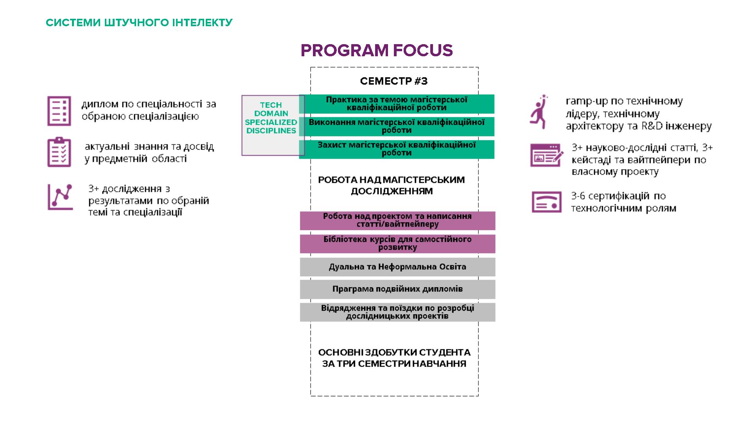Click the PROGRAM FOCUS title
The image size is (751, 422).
pos(376,50)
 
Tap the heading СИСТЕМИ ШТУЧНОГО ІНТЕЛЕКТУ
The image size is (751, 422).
pos(139,23)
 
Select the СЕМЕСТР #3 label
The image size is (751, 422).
pos(393,81)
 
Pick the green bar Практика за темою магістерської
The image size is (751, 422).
pos(397,104)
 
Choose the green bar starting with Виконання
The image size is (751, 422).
pos(397,126)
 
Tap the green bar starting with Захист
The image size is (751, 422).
pos(397,149)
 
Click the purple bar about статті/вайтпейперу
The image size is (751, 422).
pos(397,220)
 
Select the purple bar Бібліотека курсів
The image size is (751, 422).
pos(397,243)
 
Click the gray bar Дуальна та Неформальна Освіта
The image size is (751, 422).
pos(397,267)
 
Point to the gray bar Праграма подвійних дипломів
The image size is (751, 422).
pos(397,289)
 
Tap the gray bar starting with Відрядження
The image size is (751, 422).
pos(397,312)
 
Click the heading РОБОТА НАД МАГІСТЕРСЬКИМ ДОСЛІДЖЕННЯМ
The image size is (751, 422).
pos(392,186)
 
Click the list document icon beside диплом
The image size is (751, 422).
pos(59,111)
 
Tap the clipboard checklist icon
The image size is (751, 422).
pos(59,152)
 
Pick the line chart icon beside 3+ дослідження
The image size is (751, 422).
pos(60,197)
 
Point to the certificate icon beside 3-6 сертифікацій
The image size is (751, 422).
pos(546,202)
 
